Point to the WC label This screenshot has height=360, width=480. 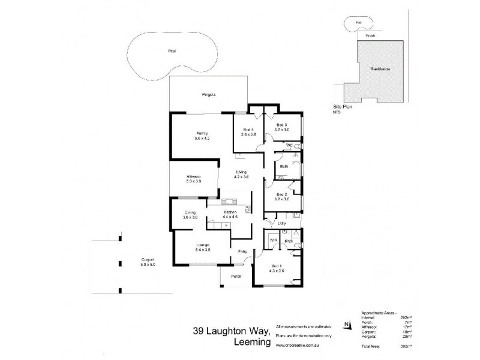point(288,145)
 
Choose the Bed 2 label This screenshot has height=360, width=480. point(282,194)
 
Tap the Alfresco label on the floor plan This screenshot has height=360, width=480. point(193,176)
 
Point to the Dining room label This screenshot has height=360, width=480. point(190,212)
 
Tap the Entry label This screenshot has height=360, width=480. point(243,252)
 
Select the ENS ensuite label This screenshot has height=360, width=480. point(288,241)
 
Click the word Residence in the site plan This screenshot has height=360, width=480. point(380,70)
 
